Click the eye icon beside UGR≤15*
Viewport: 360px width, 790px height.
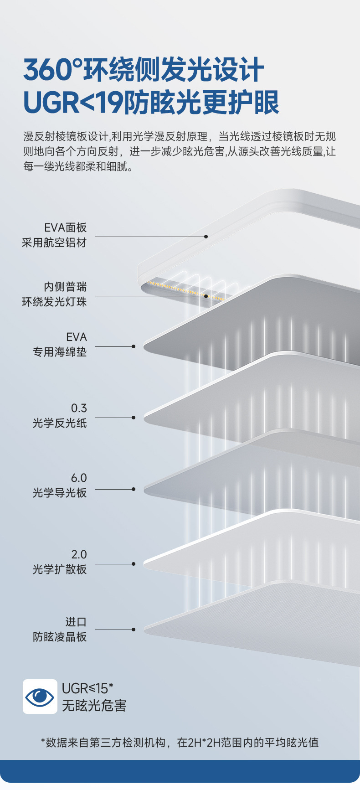tap(40, 697)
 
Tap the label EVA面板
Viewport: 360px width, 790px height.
tap(65, 227)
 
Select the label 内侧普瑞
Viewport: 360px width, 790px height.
tap(65, 287)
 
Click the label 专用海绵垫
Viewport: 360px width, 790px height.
tap(60, 352)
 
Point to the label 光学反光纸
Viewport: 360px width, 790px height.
tap(60, 423)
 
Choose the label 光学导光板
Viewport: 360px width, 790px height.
tap(60, 493)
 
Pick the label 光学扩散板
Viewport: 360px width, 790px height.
tap(60, 569)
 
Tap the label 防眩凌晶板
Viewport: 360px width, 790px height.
tap(60, 637)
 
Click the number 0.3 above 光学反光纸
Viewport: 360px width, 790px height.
tap(78, 408)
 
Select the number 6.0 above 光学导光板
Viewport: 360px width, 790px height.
tap(78, 478)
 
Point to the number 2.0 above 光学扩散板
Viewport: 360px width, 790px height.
tap(78, 554)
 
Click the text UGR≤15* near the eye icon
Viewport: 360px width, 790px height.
tap(87, 688)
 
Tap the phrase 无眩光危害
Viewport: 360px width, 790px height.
tap(94, 706)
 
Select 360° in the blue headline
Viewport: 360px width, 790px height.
tap(53, 70)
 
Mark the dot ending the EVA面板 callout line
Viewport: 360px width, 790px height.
tap(206, 237)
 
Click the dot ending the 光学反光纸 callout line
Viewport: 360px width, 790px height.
tap(134, 418)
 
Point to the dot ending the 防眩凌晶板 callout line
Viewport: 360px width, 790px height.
tap(134, 630)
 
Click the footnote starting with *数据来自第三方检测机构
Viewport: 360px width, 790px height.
tap(180, 743)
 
